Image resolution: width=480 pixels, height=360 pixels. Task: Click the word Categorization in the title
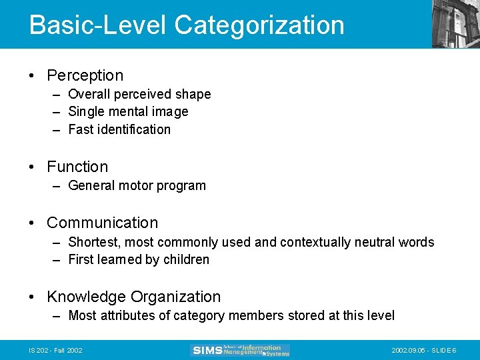(259, 25)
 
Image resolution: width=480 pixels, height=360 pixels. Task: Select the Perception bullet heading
(85, 75)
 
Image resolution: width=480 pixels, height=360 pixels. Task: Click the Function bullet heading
(77, 167)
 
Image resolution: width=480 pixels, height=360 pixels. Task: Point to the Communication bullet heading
(102, 223)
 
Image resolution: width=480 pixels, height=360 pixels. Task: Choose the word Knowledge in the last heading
(86, 297)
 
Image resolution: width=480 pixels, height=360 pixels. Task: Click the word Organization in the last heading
(176, 297)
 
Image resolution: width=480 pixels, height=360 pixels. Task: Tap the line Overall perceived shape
(139, 95)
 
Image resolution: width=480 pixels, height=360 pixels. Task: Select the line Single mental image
(128, 112)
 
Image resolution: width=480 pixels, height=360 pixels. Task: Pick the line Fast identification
(119, 129)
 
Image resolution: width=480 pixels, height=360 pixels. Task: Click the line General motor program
(137, 185)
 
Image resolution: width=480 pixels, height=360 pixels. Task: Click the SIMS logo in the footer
(240, 350)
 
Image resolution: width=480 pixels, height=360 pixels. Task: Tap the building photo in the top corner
(455, 24)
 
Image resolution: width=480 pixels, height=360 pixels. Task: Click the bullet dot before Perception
(33, 76)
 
